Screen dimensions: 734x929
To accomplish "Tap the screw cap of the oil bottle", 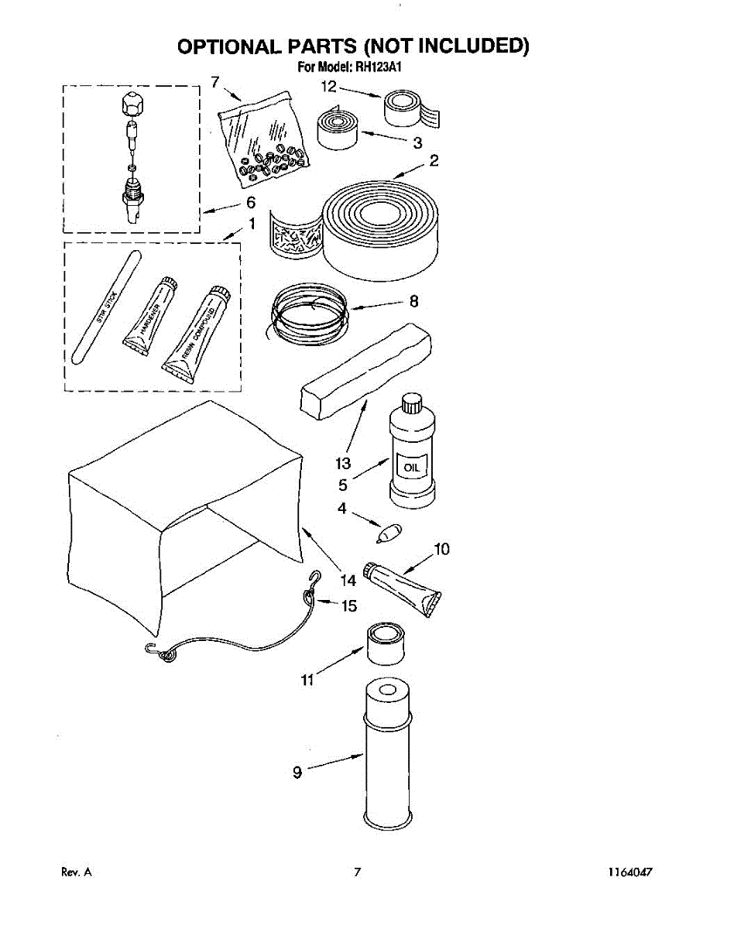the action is pyautogui.click(x=410, y=403).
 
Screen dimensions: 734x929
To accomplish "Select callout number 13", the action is pyautogui.click(x=343, y=464).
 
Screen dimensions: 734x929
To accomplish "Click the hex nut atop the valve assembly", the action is pyautogui.click(x=131, y=101).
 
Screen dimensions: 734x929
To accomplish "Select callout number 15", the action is pyautogui.click(x=349, y=605).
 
